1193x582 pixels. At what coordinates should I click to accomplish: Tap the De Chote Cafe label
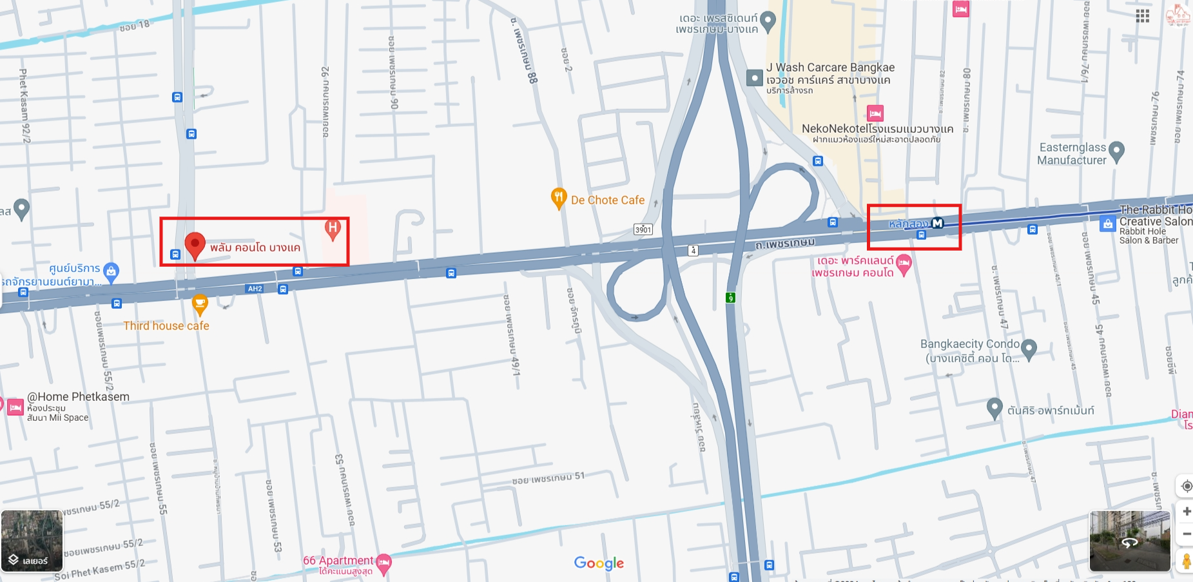(x=607, y=200)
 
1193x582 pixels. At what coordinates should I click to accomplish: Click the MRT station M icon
(x=938, y=223)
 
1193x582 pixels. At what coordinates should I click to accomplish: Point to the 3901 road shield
(x=643, y=229)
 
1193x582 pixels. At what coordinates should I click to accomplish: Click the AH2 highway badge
(x=255, y=289)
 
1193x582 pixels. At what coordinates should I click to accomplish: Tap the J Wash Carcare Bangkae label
(x=830, y=68)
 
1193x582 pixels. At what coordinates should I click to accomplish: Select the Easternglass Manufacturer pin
(x=1117, y=151)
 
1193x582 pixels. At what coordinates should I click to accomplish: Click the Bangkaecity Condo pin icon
(x=1029, y=349)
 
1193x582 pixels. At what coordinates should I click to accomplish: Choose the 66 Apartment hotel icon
(x=383, y=563)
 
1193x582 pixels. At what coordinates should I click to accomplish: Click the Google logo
(x=599, y=563)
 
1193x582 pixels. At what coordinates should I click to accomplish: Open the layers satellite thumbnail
(x=32, y=541)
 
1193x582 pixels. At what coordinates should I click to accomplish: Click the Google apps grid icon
(x=1143, y=16)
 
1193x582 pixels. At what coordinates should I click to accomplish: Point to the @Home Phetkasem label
(x=78, y=397)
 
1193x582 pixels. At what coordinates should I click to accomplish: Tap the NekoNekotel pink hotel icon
(x=875, y=113)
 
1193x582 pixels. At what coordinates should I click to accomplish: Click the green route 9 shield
(x=730, y=298)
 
